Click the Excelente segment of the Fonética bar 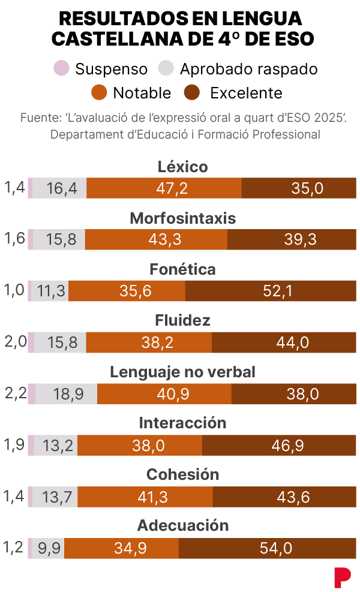[x=271, y=292]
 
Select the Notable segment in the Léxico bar [x=164, y=188]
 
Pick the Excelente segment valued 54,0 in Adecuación [x=267, y=548]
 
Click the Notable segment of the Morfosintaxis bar [x=156, y=240]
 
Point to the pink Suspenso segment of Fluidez [x=31, y=342]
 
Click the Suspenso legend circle [x=61, y=69]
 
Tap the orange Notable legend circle [x=100, y=93]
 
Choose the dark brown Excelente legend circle [x=192, y=93]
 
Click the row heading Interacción [x=182, y=423]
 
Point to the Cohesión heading [x=182, y=474]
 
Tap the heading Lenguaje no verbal [x=182, y=372]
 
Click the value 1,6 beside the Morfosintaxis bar [x=14, y=239]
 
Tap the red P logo [x=342, y=577]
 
